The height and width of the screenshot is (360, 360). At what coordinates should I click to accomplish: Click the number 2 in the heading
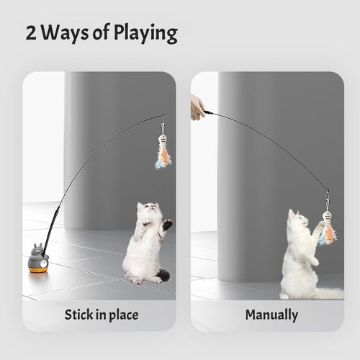(32, 32)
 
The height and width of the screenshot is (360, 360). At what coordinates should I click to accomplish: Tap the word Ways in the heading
(66, 34)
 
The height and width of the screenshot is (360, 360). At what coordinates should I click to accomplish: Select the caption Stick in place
(101, 315)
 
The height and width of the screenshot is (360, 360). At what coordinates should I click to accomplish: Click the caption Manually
(272, 315)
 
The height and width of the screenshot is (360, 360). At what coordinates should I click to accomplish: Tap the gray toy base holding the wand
(38, 258)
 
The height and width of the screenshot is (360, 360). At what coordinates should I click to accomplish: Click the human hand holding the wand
(197, 107)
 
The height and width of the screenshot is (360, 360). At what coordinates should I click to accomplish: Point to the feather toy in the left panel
(163, 156)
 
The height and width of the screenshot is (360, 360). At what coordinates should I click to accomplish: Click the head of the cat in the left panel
(150, 212)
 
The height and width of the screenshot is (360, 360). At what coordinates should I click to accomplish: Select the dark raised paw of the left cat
(168, 224)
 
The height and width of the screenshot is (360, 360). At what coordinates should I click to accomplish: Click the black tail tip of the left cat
(164, 276)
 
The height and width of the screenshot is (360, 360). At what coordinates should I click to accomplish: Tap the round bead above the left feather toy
(162, 138)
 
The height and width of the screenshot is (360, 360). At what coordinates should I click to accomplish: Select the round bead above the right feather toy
(327, 215)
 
